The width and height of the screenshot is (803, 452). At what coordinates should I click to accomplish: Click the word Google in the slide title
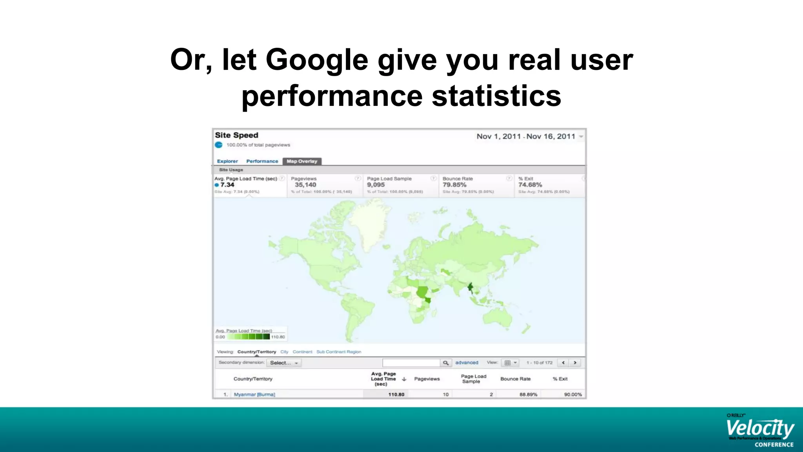[317, 60]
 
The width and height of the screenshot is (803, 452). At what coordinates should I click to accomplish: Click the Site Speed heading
[236, 135]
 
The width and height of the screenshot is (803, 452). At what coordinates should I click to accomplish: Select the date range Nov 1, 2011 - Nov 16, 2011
[526, 137]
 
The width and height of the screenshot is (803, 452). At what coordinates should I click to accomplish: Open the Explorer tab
[227, 161]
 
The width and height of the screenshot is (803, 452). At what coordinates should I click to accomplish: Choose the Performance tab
[262, 161]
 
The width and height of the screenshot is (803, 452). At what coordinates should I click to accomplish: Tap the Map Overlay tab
[302, 161]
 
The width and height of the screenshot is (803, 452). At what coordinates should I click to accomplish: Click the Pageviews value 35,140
[305, 185]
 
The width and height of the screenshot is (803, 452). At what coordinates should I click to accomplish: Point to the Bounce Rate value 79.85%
[454, 185]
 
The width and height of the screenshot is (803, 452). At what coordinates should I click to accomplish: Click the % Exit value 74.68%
[530, 185]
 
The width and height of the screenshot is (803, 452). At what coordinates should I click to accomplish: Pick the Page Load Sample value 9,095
[376, 185]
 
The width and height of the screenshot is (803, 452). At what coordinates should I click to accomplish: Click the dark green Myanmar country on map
[470, 288]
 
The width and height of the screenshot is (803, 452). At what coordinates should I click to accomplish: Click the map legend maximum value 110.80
[278, 337]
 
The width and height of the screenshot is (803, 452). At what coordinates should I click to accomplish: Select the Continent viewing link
[302, 352]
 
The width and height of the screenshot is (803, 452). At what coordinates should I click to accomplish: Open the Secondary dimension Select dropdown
[284, 363]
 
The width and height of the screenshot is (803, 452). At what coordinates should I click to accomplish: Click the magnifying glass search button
[446, 363]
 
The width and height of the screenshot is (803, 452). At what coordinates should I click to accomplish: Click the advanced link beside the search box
[467, 363]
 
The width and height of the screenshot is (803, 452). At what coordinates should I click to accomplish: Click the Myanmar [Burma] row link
[254, 395]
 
